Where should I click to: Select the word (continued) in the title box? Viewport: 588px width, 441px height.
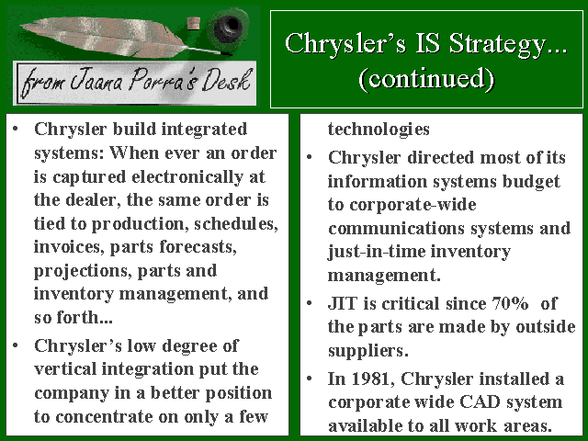(426, 79)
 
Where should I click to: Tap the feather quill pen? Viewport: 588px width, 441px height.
(120, 38)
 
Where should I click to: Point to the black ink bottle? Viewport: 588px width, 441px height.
(228, 28)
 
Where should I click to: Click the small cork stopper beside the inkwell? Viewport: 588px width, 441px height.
(193, 24)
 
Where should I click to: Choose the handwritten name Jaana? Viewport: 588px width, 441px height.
(96, 81)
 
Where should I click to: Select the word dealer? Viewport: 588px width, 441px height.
(93, 200)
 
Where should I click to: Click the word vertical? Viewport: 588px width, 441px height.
(65, 369)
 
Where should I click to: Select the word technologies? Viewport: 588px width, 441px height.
(379, 130)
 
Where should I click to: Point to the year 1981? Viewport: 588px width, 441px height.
(372, 379)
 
